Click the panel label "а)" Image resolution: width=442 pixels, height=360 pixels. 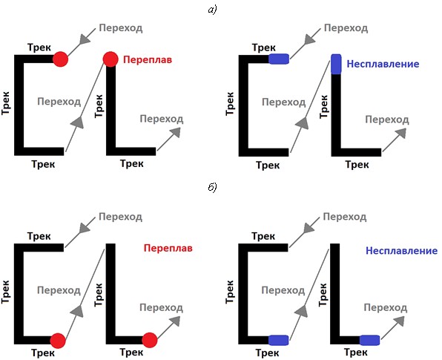(x=212, y=10)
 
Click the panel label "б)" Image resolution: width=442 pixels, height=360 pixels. (x=212, y=187)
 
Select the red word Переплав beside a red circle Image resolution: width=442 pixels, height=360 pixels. (x=148, y=60)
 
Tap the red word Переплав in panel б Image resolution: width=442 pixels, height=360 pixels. (x=168, y=248)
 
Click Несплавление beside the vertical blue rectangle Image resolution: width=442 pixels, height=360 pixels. (x=383, y=64)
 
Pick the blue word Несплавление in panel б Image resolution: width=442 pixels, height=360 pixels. (x=401, y=251)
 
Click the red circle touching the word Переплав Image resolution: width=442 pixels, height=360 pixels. (x=110, y=59)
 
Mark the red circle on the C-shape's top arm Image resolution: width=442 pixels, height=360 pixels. (x=61, y=59)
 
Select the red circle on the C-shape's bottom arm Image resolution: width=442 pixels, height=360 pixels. (x=58, y=341)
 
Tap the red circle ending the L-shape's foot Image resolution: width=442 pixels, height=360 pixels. (x=150, y=340)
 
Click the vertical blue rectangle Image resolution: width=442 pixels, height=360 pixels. (x=336, y=65)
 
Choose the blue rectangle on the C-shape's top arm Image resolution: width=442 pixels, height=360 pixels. (x=279, y=59)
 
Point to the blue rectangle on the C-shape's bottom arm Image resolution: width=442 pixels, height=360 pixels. (x=279, y=340)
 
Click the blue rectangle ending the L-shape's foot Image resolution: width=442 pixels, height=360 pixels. (x=369, y=340)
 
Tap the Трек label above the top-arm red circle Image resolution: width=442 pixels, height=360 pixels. (x=39, y=48)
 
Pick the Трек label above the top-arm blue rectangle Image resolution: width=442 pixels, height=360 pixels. (x=264, y=48)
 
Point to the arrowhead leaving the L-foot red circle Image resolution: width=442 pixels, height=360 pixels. (x=175, y=321)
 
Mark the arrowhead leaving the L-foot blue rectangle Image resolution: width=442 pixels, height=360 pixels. (x=399, y=321)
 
